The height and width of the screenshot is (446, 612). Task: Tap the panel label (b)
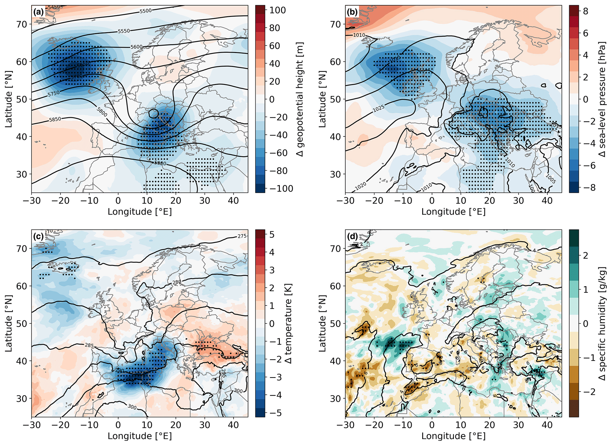click(x=352, y=12)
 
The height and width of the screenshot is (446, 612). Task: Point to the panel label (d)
click(x=352, y=236)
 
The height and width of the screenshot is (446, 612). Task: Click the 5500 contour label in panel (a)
click(x=145, y=11)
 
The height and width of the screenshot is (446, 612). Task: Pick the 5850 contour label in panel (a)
click(x=55, y=119)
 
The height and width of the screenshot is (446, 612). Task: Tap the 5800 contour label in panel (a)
click(x=102, y=112)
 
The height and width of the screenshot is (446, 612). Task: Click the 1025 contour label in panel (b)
click(x=378, y=109)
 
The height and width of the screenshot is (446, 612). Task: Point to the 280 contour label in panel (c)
click(x=177, y=282)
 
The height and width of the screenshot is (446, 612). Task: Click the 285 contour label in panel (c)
click(x=89, y=345)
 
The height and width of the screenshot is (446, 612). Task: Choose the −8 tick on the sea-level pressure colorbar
click(x=585, y=188)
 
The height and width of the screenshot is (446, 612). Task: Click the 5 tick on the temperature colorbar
click(x=272, y=235)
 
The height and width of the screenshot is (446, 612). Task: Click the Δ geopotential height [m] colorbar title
click(x=300, y=99)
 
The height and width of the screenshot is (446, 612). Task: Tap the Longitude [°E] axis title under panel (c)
click(x=140, y=436)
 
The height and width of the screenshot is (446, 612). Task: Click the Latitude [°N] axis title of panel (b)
click(x=322, y=99)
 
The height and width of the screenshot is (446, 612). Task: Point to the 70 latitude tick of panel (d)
click(x=337, y=249)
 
